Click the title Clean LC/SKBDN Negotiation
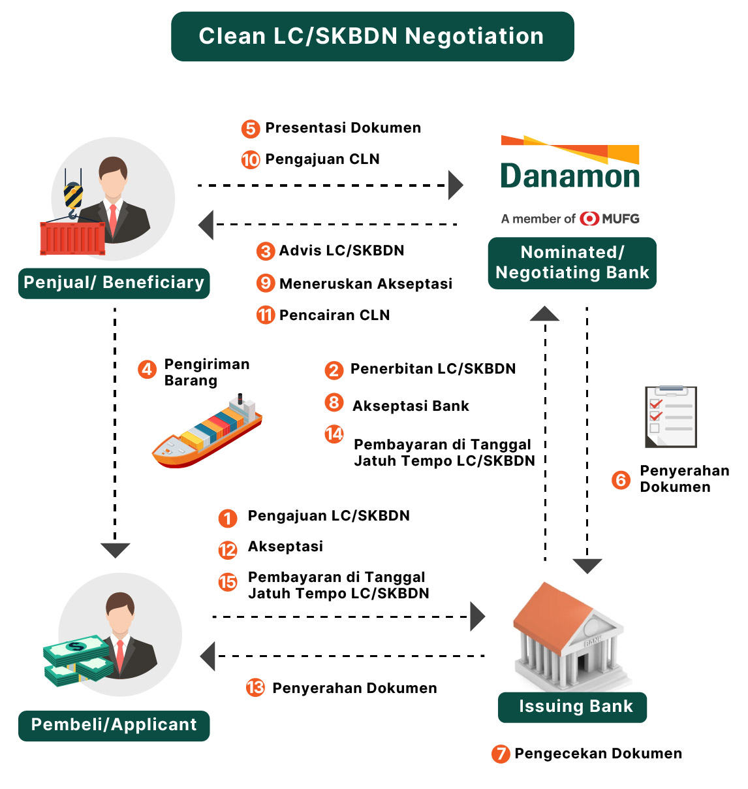point(372,37)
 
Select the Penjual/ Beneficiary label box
point(114,283)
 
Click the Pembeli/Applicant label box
point(114,725)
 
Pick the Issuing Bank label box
point(572,707)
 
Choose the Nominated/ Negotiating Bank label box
point(572,263)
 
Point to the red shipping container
point(72,238)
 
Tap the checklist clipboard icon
point(671,417)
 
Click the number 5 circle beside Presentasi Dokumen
point(251,128)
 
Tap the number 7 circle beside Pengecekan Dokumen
point(501,754)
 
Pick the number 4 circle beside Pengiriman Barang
point(147,370)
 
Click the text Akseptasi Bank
point(411,406)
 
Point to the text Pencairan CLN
point(334,315)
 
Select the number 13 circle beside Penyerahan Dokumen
point(255,688)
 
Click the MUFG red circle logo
point(589,219)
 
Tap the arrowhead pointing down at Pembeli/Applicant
point(116,550)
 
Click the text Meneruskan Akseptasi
point(366,284)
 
